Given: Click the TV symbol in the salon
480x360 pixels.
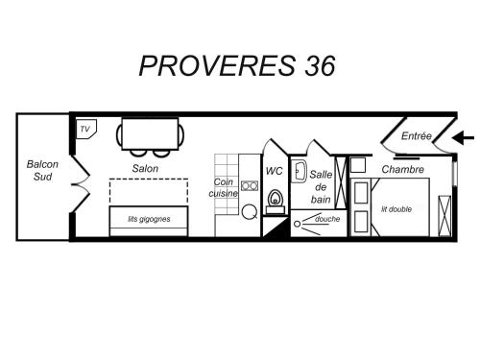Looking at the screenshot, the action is (x=86, y=129).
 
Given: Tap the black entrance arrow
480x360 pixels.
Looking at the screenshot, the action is (x=464, y=138).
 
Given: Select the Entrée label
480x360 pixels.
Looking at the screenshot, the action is (x=417, y=136).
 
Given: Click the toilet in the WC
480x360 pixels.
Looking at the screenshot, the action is (x=276, y=202).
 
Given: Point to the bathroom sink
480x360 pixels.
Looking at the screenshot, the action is (x=299, y=171).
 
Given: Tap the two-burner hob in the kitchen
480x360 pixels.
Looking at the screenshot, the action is (x=250, y=185).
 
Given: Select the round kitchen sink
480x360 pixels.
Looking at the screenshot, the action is (x=250, y=212).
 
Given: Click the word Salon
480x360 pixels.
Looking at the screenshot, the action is (x=145, y=168).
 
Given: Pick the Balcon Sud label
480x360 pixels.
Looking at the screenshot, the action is (x=42, y=170).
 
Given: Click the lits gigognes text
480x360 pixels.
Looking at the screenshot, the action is (x=149, y=219).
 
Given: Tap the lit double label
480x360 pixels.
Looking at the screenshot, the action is (x=396, y=209).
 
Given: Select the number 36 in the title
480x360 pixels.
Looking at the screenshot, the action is (x=320, y=66).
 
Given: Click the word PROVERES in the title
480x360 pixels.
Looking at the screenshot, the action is (x=218, y=66).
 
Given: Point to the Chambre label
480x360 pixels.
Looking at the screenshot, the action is (x=403, y=169).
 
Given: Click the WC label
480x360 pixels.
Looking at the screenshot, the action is (x=275, y=171).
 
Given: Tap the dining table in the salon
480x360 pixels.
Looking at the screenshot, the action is (x=150, y=134).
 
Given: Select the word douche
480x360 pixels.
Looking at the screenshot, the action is (x=327, y=219).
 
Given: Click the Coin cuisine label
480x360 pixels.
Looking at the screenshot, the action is (x=224, y=187).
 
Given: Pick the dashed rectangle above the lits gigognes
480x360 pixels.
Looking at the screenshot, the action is (x=149, y=180).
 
